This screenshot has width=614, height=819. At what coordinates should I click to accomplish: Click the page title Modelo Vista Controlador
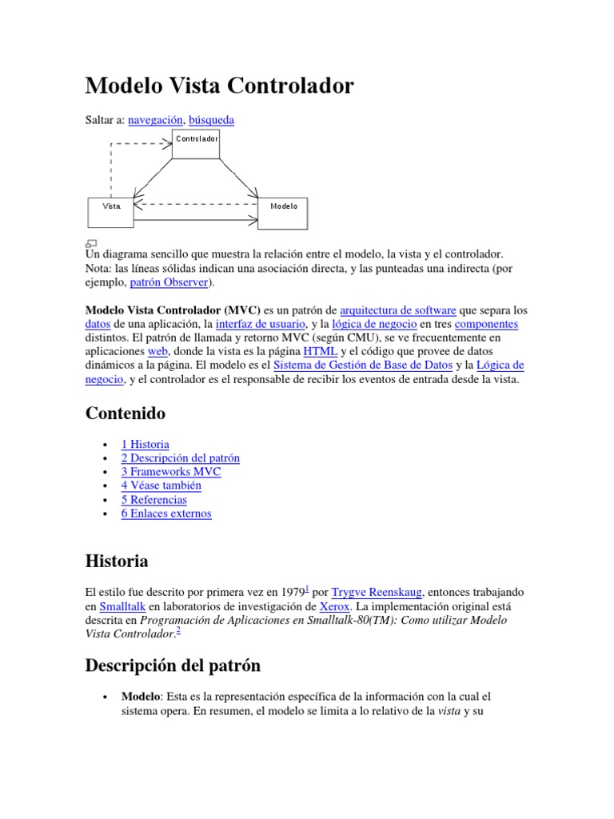click(x=219, y=86)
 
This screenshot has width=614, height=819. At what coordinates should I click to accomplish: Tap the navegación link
click(x=156, y=120)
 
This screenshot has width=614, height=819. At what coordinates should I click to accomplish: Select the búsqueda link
click(x=211, y=120)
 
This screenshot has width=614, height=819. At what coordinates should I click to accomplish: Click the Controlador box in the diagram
click(x=196, y=144)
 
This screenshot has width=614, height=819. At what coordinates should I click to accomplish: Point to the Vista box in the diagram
click(x=111, y=212)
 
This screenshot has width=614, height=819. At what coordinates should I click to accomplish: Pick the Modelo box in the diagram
click(x=283, y=212)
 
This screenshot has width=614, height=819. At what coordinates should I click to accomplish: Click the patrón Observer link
click(x=169, y=283)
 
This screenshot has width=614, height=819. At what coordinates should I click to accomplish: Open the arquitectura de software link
click(x=398, y=310)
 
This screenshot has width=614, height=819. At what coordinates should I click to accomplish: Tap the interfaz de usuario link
click(x=260, y=325)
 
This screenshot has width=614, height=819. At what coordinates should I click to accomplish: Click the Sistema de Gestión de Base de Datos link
click(x=362, y=366)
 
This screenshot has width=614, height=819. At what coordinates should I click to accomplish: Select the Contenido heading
click(x=126, y=413)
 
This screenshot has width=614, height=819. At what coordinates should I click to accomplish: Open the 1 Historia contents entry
click(x=145, y=445)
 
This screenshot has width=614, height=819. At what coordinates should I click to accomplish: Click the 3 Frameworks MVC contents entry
click(x=170, y=472)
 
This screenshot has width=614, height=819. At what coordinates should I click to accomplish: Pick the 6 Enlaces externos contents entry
click(x=166, y=513)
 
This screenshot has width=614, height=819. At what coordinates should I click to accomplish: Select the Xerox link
click(x=334, y=607)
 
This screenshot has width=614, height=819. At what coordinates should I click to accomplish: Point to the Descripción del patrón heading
click(x=173, y=665)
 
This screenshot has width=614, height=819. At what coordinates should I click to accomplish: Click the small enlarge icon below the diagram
click(x=91, y=243)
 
